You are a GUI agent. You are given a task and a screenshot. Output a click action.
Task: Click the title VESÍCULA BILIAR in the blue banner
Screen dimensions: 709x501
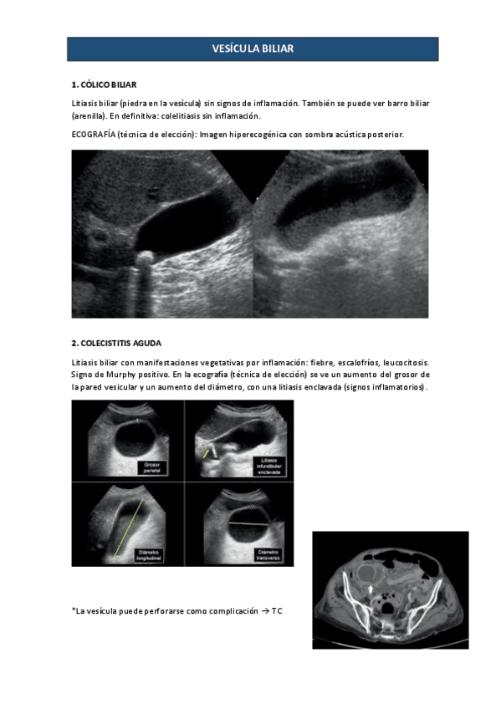point(253,49)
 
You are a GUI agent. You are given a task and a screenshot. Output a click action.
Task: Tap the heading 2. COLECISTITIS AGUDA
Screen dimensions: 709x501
point(116,344)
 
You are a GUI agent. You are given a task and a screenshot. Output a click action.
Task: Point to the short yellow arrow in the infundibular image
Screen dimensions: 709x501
point(206,452)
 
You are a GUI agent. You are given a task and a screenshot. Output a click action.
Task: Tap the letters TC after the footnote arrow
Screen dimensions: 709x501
point(277,612)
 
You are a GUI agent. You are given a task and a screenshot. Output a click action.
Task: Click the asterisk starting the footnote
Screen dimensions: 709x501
point(74,611)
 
